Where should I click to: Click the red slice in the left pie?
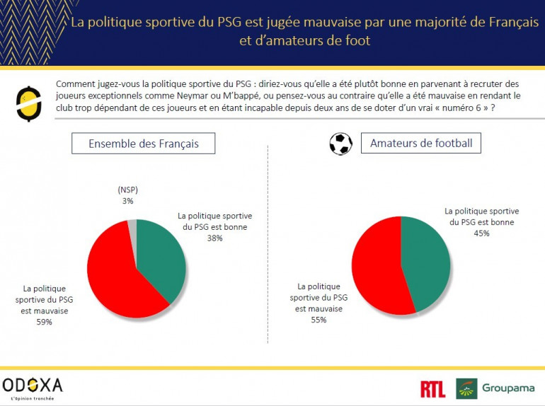[110, 276]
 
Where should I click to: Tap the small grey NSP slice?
[132, 226]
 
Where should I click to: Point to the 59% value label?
[44, 322]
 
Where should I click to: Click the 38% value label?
[214, 238]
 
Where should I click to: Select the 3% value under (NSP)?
[127, 201]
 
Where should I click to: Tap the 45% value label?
[482, 233]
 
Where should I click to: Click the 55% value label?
[319, 320]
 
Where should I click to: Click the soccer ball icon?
[340, 144]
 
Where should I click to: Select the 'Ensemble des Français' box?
[143, 144]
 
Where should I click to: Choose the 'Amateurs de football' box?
[421, 144]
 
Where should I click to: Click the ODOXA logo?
[33, 386]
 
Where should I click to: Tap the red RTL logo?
[432, 388]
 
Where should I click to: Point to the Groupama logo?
[497, 388]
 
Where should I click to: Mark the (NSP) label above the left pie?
[127, 190]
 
